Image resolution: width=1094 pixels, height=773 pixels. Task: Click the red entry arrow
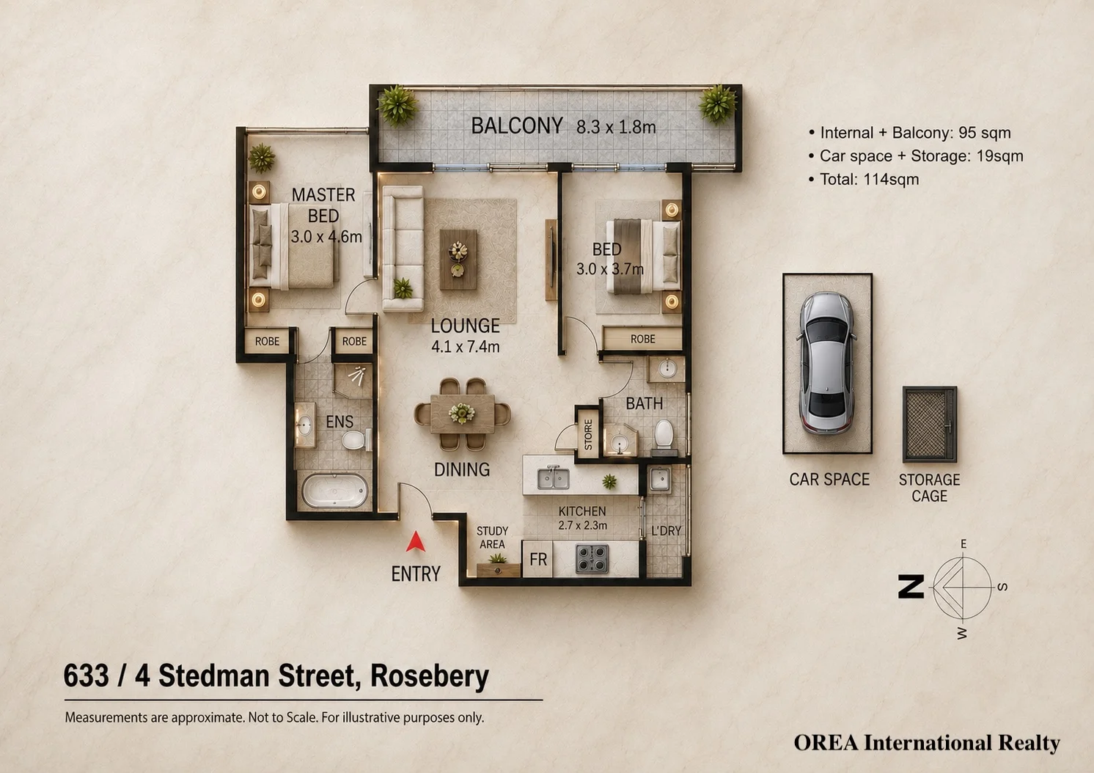(415, 543)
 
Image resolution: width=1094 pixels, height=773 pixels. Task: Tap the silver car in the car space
(827, 362)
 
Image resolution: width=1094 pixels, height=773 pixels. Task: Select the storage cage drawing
(930, 424)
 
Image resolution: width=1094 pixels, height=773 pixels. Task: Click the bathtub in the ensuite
(334, 490)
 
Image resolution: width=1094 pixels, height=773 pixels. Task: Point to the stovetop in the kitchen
(592, 559)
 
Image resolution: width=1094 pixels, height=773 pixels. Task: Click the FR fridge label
(538, 560)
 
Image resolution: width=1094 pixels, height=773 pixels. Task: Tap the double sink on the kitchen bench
(553, 478)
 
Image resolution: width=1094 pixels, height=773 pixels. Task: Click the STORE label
(588, 434)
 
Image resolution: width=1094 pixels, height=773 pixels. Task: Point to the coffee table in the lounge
(458, 259)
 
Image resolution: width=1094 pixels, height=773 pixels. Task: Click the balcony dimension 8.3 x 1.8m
(616, 127)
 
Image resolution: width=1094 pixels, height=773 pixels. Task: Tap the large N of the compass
(911, 586)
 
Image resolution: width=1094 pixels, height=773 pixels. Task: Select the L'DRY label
(666, 531)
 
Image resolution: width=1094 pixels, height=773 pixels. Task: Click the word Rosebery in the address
(429, 675)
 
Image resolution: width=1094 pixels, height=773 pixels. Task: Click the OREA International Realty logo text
(927, 743)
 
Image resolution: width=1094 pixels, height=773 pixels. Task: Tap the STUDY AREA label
(492, 538)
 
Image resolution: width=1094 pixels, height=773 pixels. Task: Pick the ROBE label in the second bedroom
(643, 339)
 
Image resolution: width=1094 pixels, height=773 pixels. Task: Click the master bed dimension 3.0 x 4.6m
(326, 237)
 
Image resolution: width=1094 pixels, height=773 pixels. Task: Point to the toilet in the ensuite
(356, 440)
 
